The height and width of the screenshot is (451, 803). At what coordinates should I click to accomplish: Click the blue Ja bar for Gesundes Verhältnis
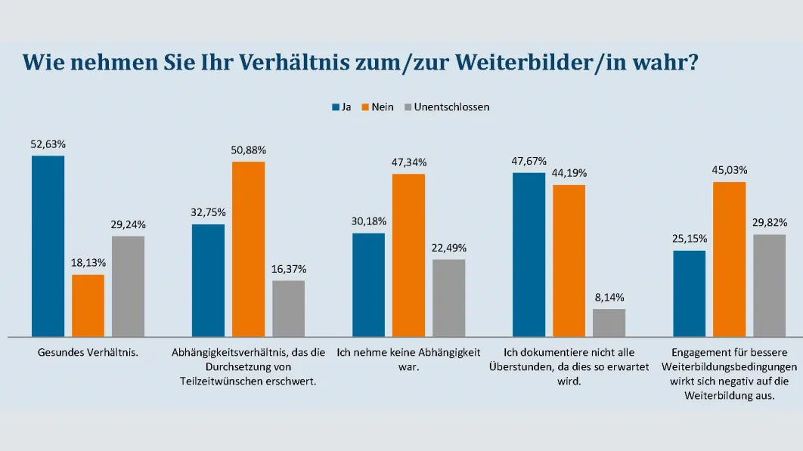[48, 246]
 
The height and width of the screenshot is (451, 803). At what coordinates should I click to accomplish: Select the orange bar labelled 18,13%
[88, 305]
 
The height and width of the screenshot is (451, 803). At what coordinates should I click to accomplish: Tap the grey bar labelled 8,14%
[609, 323]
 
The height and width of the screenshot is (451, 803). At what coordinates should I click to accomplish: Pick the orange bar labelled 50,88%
[248, 249]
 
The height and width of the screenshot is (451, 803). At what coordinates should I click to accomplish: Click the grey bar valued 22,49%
[448, 298]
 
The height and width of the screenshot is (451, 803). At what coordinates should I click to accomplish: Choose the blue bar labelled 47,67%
[529, 254]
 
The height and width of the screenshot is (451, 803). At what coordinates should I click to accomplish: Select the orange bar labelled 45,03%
[730, 258]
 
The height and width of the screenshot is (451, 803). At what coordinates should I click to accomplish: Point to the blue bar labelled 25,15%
[689, 293]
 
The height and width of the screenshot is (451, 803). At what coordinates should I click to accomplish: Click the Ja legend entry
[342, 107]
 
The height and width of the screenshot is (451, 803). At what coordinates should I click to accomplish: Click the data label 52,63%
[48, 144]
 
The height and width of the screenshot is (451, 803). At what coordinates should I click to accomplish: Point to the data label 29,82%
[770, 222]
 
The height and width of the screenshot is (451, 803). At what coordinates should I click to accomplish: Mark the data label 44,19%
[569, 173]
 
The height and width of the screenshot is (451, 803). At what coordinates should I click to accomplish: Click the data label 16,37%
[289, 269]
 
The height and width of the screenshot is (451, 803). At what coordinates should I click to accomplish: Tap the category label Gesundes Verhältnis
[88, 352]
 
